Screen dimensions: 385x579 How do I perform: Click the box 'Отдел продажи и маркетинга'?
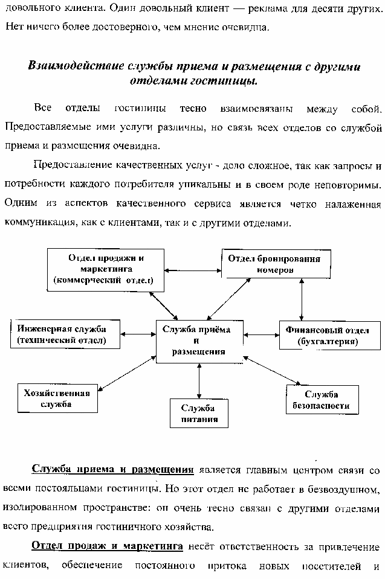point(106,270)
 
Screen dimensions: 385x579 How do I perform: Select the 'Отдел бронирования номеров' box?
point(276,264)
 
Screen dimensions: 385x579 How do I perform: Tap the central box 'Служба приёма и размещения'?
point(199,341)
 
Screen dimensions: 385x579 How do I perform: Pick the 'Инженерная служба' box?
point(65,334)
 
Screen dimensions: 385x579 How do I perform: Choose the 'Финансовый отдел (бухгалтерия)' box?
point(329,335)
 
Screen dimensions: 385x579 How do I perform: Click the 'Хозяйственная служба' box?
point(57,398)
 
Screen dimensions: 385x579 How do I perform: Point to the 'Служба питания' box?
point(199,413)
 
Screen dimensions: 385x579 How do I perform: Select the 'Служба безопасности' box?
point(322,400)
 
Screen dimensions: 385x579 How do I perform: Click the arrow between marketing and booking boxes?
point(193,270)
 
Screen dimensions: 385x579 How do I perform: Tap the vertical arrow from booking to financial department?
point(302,299)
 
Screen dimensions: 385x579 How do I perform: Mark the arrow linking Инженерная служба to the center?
point(138,334)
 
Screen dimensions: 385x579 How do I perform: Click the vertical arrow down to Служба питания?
point(199,381)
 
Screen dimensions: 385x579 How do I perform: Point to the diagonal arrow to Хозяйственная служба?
point(127,373)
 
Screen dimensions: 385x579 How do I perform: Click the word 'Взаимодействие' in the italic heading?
point(76,66)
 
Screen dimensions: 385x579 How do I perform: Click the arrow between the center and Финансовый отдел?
point(261,335)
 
